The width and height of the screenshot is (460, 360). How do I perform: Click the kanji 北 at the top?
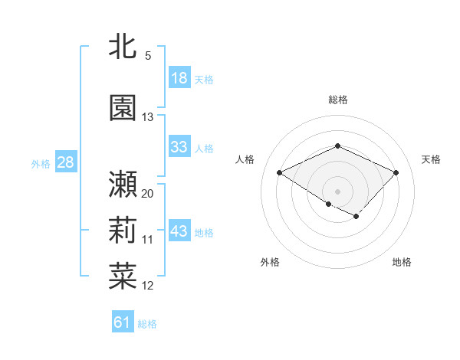[x=123, y=46]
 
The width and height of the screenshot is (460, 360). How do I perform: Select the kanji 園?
[x=123, y=107]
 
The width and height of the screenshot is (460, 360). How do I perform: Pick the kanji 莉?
[x=123, y=230]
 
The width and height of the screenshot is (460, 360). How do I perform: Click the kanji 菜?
[x=123, y=276]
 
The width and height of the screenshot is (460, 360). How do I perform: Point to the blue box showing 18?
[x=179, y=78]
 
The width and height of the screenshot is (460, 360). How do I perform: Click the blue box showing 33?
[x=179, y=148]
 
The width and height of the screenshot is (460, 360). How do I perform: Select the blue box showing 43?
[x=179, y=231]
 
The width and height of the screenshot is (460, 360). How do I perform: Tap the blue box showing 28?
[x=64, y=162]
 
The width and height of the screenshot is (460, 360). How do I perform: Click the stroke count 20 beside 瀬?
[x=148, y=194]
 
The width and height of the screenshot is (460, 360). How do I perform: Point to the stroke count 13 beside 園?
[x=148, y=117]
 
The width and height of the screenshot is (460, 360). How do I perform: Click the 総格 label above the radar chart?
[x=337, y=100]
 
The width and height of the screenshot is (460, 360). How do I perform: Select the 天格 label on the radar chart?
[x=432, y=159]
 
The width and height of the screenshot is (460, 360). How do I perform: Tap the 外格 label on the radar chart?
[x=270, y=262]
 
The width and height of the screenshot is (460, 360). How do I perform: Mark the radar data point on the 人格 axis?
[x=280, y=173]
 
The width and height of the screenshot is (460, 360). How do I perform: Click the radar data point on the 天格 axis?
[x=396, y=173]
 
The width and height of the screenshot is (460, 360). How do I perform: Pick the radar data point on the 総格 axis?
[x=337, y=146]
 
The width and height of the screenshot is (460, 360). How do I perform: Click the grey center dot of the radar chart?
[x=337, y=191]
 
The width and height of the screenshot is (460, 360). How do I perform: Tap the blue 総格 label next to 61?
[x=147, y=324]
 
